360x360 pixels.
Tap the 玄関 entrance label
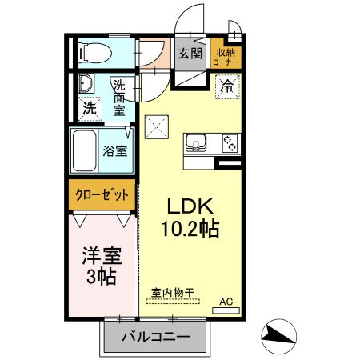click(x=190, y=54)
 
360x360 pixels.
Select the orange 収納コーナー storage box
click(x=226, y=54)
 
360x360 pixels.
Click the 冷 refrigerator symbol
click(x=227, y=84)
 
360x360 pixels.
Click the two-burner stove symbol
click(x=230, y=143)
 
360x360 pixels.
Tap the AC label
click(x=226, y=302)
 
